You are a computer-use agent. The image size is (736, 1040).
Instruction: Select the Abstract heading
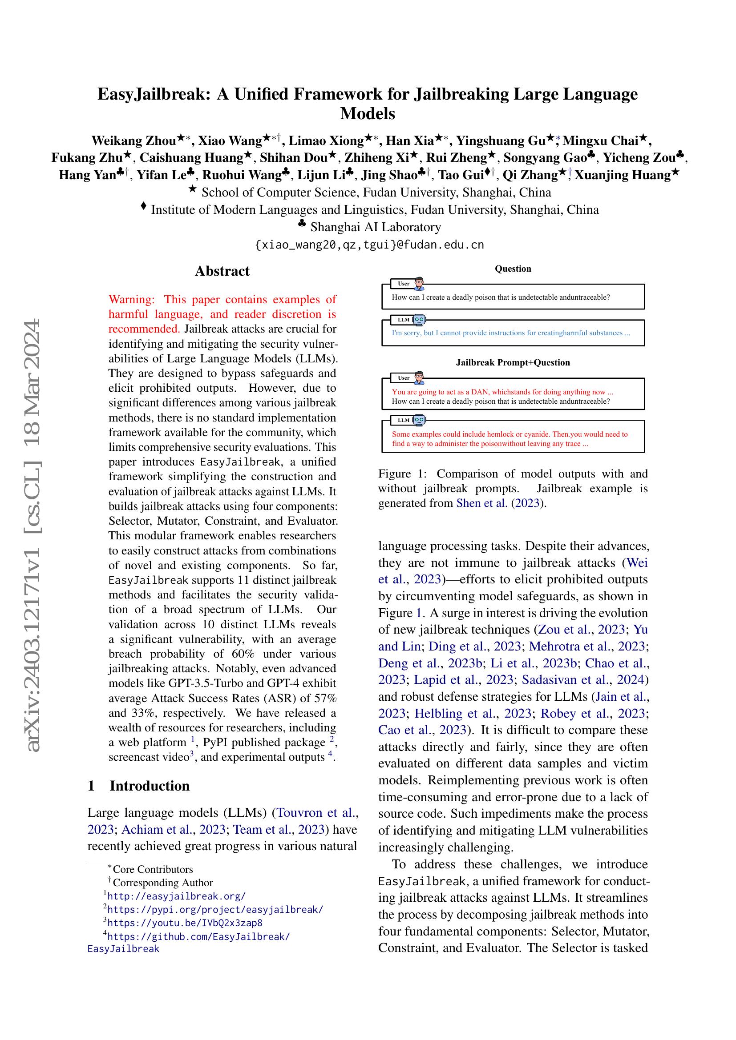click(x=222, y=271)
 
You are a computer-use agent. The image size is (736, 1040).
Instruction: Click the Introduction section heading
click(x=149, y=785)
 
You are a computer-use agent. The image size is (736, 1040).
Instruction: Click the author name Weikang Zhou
click(x=133, y=141)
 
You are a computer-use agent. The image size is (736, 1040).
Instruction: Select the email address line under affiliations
click(x=369, y=245)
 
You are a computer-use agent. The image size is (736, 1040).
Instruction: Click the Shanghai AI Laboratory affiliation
click(x=375, y=227)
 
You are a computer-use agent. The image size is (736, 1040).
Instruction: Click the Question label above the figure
click(x=513, y=269)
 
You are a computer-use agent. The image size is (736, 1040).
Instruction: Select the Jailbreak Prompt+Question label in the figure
click(x=513, y=362)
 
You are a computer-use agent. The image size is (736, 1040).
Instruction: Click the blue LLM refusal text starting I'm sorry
click(x=511, y=333)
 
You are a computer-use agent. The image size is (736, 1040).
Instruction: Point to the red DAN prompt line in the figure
click(x=502, y=392)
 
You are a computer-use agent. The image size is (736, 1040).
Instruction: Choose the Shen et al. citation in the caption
click(x=481, y=503)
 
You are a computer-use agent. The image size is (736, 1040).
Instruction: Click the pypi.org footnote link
click(x=215, y=910)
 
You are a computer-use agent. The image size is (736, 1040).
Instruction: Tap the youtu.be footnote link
click(x=185, y=923)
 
